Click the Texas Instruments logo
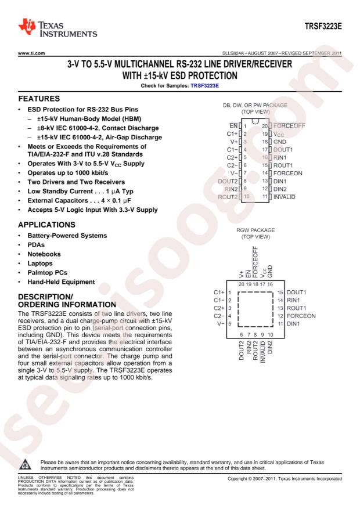pos(57,28)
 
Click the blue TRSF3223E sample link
pos(204,86)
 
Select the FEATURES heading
pos(39,99)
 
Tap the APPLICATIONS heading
pos(47,225)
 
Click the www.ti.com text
pos(31,53)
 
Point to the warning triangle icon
pos(25,464)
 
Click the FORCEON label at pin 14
pos(287,174)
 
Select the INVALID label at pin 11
pos(285,197)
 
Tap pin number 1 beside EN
pos(245,126)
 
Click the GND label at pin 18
pos(279,142)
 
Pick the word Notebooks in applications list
pos(44,254)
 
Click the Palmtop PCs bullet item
pos(48,273)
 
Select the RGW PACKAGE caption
pos(255,230)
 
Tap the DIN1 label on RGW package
pos(293,324)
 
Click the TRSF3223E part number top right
pos(323,26)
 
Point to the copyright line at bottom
pos(285,479)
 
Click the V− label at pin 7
pos(234,174)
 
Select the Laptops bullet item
pos(40,263)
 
